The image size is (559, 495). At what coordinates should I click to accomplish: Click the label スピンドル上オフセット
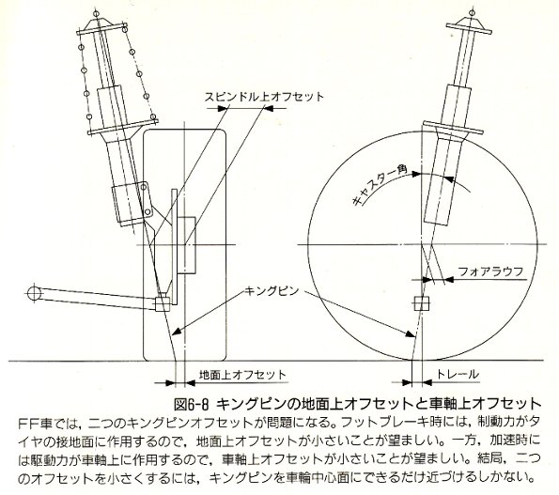pos(264,97)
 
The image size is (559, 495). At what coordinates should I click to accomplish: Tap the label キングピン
pos(272,291)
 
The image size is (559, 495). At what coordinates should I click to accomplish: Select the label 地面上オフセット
pos(242,375)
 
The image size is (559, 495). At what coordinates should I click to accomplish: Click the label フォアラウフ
pos(490,271)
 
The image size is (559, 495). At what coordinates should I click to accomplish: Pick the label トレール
pos(457,375)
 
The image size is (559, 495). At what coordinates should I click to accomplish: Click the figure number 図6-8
pos(191,404)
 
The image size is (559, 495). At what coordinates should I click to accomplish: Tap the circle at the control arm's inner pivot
pos(34,293)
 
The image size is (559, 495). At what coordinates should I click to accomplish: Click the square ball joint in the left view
pos(163,303)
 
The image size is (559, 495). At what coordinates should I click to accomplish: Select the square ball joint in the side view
pos(422,304)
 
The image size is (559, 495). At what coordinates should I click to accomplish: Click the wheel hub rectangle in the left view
pos(187,245)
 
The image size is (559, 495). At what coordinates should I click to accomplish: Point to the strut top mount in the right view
pos(469,25)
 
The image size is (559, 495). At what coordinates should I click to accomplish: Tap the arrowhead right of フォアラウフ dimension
pos(449,279)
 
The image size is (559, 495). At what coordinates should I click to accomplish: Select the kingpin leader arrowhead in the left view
pos(177,332)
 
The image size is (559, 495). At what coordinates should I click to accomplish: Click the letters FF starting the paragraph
pos(28,424)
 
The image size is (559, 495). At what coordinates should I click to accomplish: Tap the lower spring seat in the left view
pos(123,127)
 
